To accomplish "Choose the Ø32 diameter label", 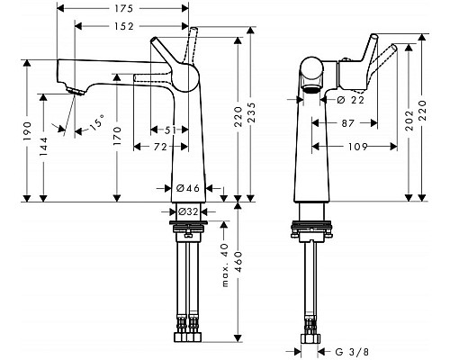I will tap(188, 211).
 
